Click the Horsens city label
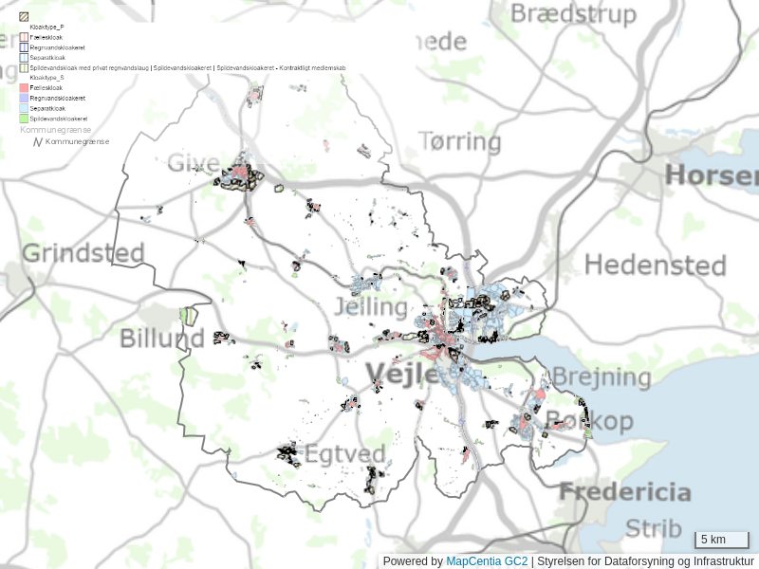(x=712, y=175)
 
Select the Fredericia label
(x=624, y=492)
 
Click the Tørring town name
(x=460, y=142)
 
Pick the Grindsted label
(x=83, y=253)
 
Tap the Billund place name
(x=161, y=339)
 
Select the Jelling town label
(x=370, y=307)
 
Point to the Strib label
(x=654, y=527)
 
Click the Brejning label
(x=602, y=377)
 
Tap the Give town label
(x=194, y=162)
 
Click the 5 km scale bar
(x=722, y=540)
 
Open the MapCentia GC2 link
(x=487, y=561)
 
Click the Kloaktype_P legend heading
(x=47, y=27)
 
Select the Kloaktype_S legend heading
(x=47, y=78)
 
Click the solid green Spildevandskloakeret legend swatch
(x=25, y=119)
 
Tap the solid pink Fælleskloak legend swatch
(x=25, y=87)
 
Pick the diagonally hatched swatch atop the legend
(x=25, y=16)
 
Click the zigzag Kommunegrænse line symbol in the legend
(x=38, y=141)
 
